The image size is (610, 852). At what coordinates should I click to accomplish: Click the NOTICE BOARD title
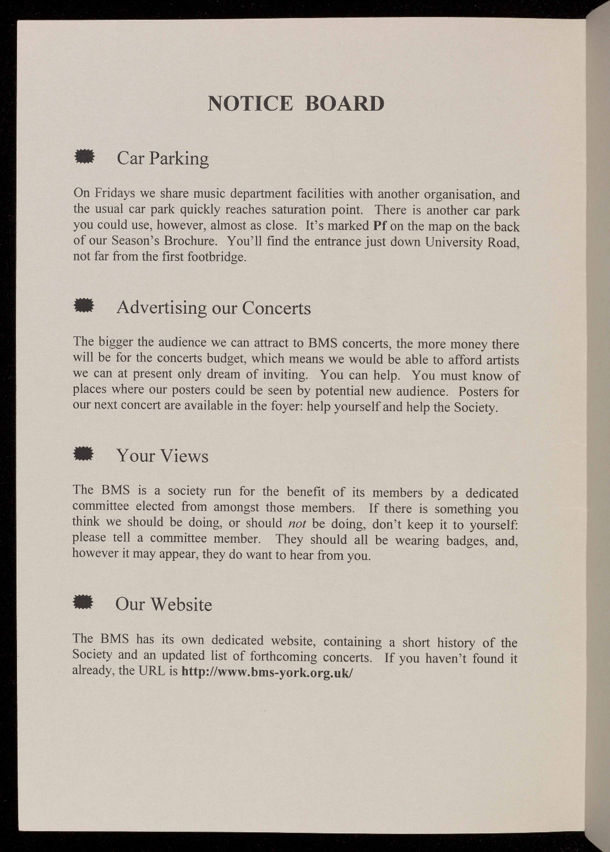click(296, 103)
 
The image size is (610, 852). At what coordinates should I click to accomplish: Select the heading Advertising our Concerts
click(213, 307)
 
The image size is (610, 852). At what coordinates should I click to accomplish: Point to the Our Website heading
click(164, 604)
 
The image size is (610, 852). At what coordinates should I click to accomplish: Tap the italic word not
click(297, 523)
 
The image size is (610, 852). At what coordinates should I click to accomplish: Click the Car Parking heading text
click(163, 159)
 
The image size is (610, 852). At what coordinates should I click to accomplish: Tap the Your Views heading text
click(162, 456)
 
